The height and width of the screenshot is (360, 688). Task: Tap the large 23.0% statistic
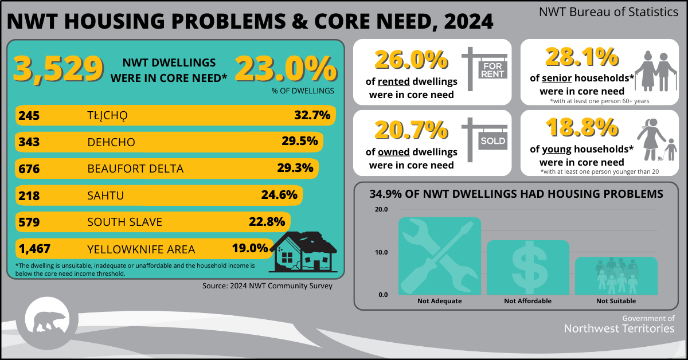tap(285, 69)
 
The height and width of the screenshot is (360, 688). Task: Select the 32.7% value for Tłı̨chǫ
tap(312, 115)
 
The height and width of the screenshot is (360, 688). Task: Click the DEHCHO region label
tap(111, 142)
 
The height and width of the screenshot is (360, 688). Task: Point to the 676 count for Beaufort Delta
tap(29, 169)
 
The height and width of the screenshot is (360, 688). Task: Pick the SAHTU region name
tap(105, 195)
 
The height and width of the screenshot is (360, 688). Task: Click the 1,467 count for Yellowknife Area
tap(35, 249)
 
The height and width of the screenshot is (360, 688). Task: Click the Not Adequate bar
tap(440, 255)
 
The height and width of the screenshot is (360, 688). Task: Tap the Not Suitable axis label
tap(616, 301)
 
